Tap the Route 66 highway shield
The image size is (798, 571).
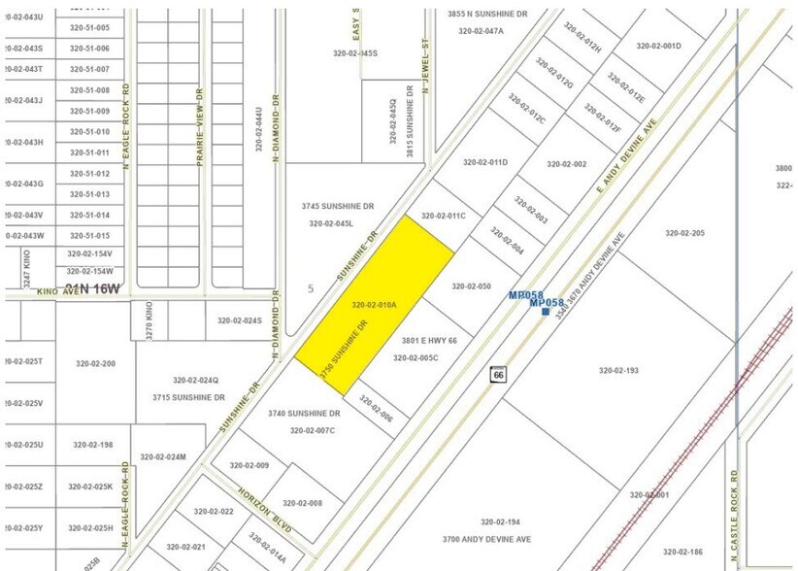click(x=498, y=374)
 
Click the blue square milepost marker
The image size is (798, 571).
click(x=546, y=312)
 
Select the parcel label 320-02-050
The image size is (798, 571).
click(x=472, y=286)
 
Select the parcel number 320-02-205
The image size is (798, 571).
click(x=684, y=233)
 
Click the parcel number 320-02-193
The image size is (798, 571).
click(x=618, y=370)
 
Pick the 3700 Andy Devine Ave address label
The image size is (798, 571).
click(x=486, y=538)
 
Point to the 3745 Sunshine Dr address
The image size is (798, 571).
click(x=337, y=207)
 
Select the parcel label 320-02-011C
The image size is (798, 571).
click(x=444, y=216)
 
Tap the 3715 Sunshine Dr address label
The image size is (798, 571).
click(x=188, y=397)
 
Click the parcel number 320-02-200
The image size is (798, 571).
click(x=95, y=363)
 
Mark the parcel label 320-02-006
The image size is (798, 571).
click(x=376, y=409)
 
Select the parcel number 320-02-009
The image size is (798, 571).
click(x=249, y=465)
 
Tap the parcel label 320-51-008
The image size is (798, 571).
click(x=89, y=90)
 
